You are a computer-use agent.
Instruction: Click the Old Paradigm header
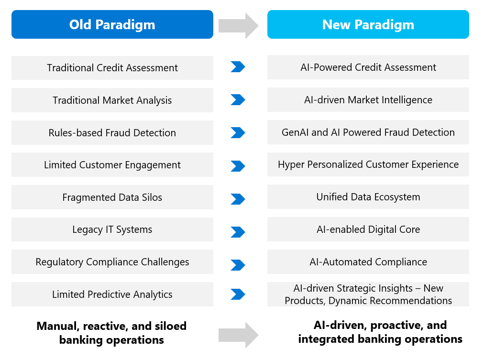pos(112,24)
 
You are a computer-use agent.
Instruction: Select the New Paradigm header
pos(368,24)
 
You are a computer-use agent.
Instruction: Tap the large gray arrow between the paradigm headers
pos(239,26)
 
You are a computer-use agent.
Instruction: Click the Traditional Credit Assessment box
pos(112,68)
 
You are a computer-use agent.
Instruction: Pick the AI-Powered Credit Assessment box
pos(368,67)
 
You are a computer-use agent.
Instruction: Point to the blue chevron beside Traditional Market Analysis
pos(238,99)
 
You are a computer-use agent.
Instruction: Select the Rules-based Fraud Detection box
pos(112,132)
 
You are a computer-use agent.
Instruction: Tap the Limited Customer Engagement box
pos(112,165)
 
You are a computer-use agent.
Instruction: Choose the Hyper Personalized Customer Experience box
pos(368,164)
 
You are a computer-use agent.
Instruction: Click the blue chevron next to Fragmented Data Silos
pos(238,199)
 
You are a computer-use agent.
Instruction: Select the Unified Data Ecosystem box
pos(368,197)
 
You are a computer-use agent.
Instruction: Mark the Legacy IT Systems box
pos(112,229)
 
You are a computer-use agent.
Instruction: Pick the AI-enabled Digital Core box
pos(368,229)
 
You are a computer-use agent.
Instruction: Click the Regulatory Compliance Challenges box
pos(112,262)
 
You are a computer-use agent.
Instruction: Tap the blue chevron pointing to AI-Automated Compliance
pos(238,265)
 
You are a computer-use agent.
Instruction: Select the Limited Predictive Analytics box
pos(112,295)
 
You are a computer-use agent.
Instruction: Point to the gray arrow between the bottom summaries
pos(239,335)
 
